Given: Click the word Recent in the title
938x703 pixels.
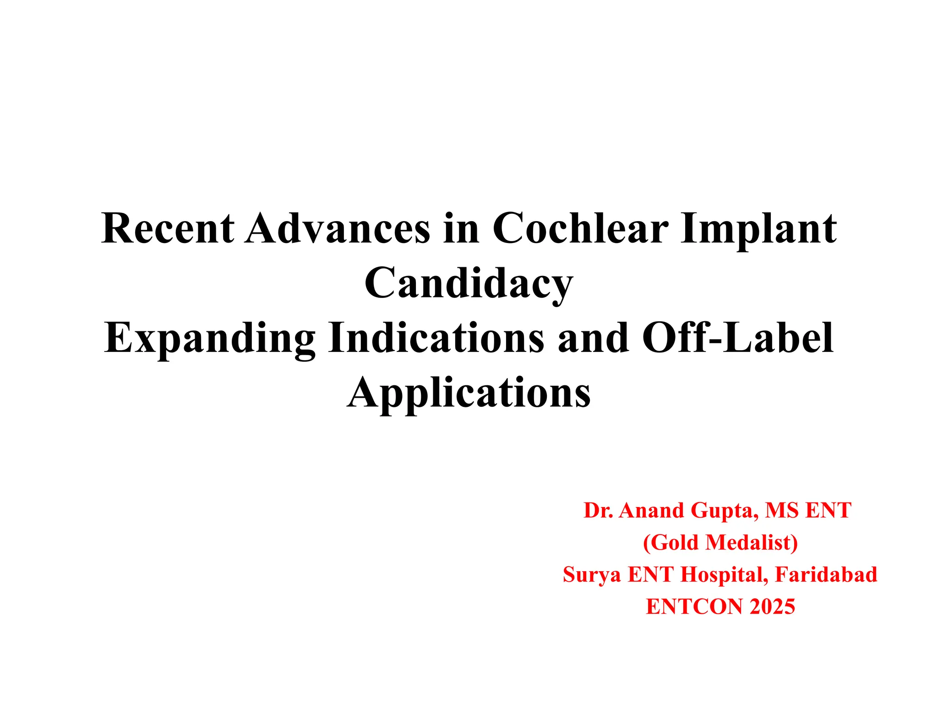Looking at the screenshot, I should (x=168, y=228).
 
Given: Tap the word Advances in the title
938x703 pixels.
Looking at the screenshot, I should (x=338, y=228).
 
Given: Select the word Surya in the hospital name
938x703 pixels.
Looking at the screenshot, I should (x=592, y=575).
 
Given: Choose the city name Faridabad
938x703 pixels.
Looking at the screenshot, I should (x=826, y=574).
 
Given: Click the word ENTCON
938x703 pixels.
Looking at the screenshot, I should (x=695, y=606).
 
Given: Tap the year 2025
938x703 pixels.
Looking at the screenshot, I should (x=772, y=606).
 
